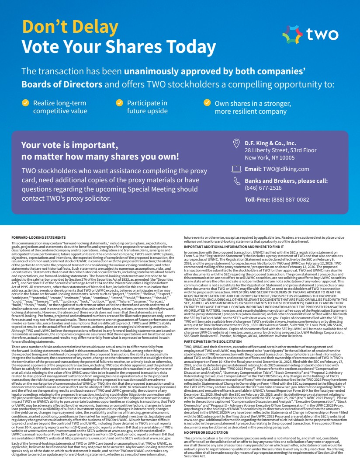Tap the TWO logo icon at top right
pyautogui.click(x=292, y=34)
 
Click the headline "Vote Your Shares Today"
pyautogui.click(x=119, y=47)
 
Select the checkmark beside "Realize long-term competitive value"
pyautogui.click(x=26, y=103)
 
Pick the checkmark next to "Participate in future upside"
pyautogui.click(x=119, y=103)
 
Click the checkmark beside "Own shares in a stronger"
pyautogui.click(x=207, y=103)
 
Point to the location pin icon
pyautogui.click(x=236, y=143)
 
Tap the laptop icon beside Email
pyautogui.click(x=236, y=169)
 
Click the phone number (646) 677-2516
pyautogui.click(x=263, y=188)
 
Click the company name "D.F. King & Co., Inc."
pyautogui.click(x=270, y=143)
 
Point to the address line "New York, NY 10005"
pyautogui.click(x=270, y=158)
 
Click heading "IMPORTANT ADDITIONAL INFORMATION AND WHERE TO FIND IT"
pyautogui.click(x=234, y=247)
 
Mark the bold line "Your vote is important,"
pyautogui.click(x=69, y=146)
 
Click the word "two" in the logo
pyautogui.click(x=322, y=34)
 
